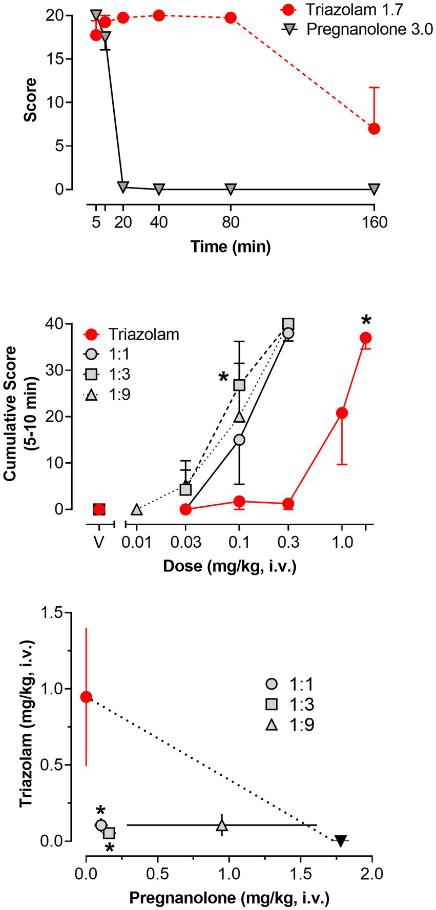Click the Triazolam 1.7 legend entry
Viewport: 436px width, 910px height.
point(354,9)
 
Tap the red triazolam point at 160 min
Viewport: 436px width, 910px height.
point(374,128)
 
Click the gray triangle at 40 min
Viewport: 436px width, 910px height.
point(159,189)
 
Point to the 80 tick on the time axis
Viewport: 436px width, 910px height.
point(231,222)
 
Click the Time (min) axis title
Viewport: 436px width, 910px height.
point(231,247)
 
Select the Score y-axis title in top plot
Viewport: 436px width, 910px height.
point(31,100)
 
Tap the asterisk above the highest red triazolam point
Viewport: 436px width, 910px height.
point(366,322)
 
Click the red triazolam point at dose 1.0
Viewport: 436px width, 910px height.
point(342,413)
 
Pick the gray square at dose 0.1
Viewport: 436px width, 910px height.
point(239,385)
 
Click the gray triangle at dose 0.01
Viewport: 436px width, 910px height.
point(136,509)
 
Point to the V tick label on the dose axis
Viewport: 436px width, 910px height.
point(99,542)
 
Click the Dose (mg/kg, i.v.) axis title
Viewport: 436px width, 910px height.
point(229,566)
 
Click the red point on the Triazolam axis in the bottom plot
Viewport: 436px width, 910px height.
point(86,697)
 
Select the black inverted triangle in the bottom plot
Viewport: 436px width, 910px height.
point(340,841)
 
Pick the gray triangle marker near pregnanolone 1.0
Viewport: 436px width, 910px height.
point(222,825)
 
